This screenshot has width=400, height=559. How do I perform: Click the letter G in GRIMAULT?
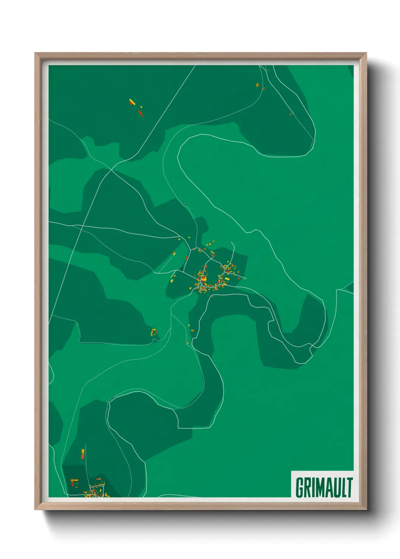(299, 488)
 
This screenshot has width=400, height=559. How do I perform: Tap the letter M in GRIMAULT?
(318, 488)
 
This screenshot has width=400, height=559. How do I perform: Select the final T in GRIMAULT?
(349, 488)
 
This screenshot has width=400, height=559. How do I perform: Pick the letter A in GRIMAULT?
(327, 488)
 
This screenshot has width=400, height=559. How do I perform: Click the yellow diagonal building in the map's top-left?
(132, 102)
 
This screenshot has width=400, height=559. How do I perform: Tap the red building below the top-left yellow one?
(140, 113)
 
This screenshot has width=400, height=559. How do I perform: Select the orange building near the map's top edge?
(257, 85)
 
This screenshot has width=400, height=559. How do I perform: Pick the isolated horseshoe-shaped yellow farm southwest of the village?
(154, 332)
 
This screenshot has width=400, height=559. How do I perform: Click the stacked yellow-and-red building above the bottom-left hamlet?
(82, 454)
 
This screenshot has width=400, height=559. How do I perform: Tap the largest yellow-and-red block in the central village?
(203, 279)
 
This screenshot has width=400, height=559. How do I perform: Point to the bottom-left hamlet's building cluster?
(95, 490)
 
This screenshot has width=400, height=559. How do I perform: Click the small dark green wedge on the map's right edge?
(350, 288)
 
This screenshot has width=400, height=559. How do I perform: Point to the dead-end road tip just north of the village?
(231, 243)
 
